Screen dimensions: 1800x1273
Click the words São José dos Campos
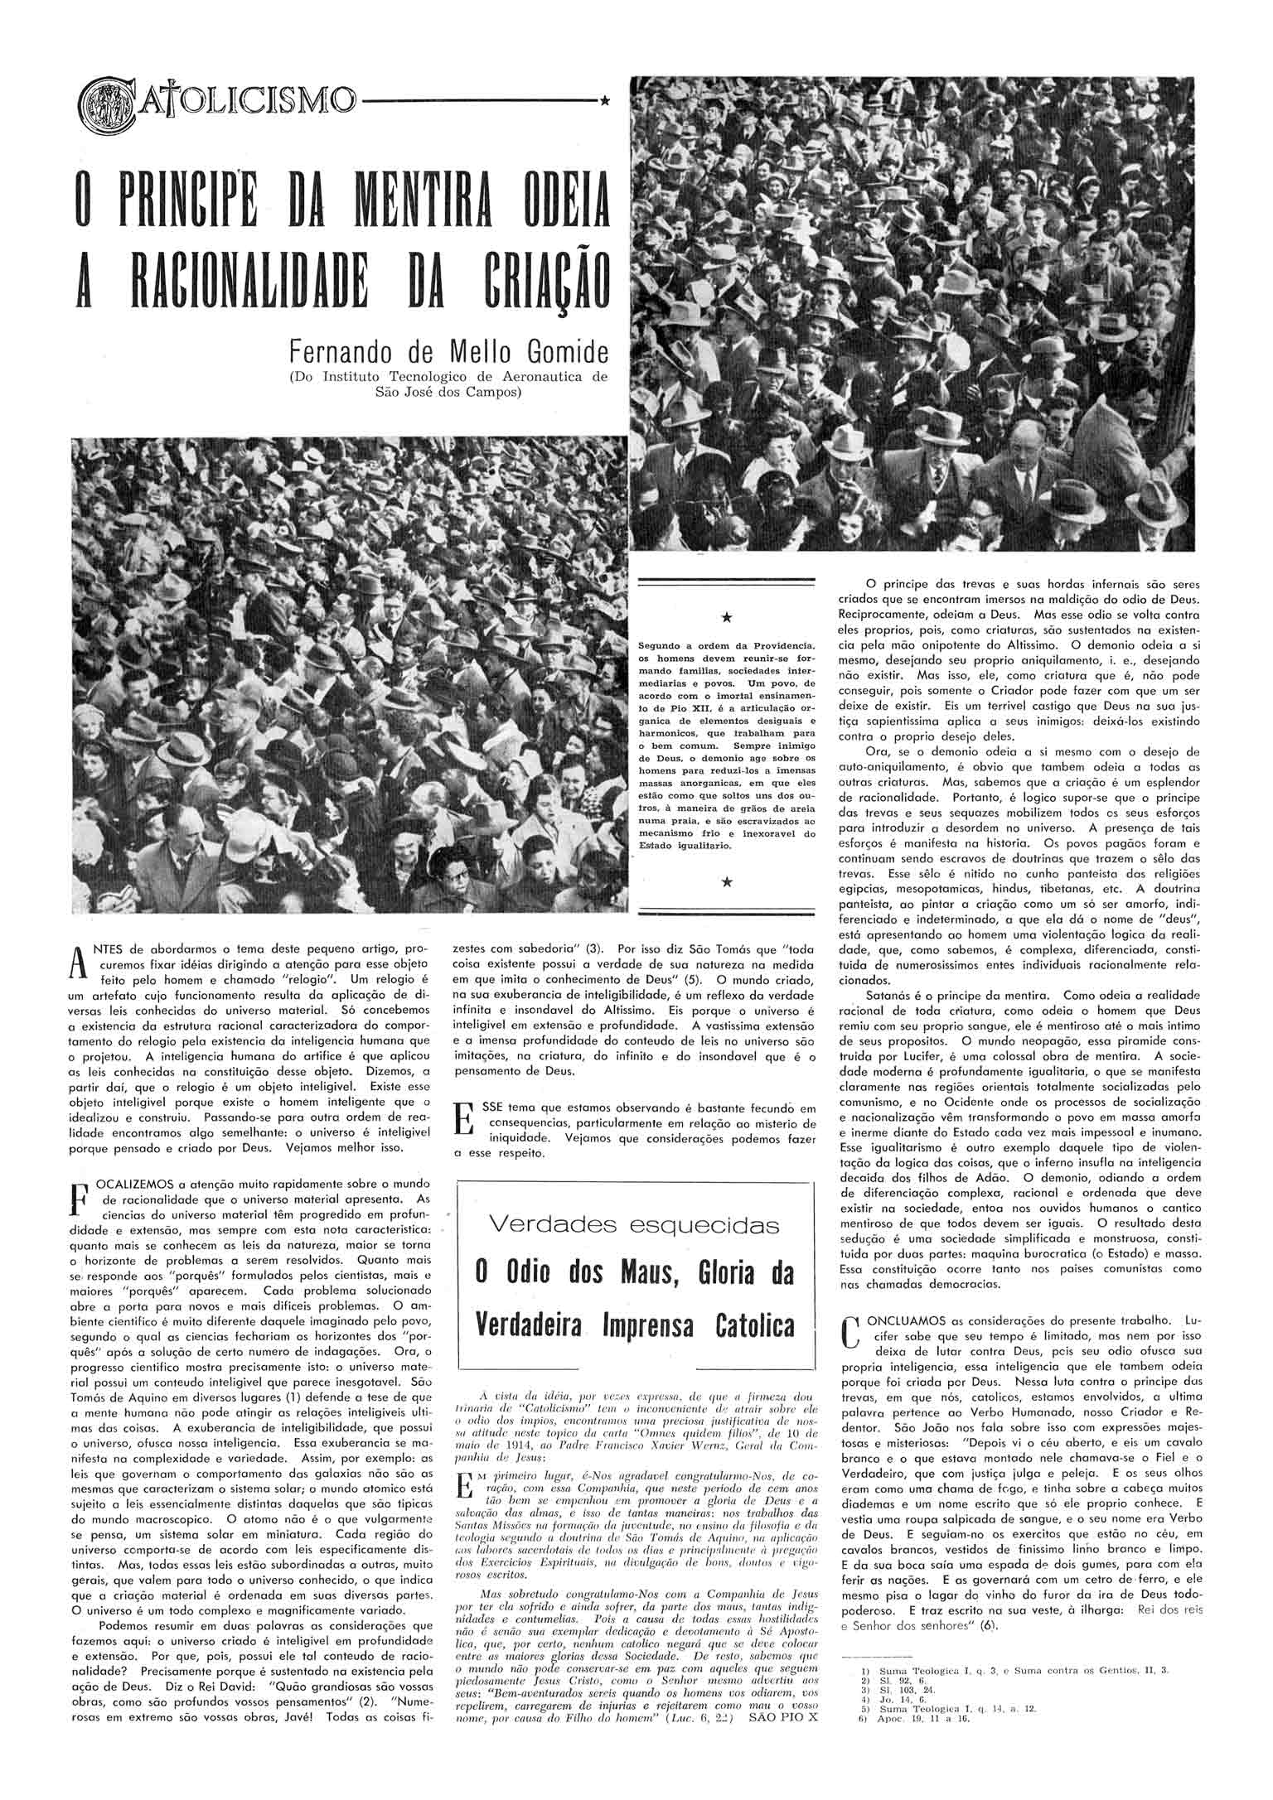coord(448,392)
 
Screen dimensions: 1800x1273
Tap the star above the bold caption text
coord(727,618)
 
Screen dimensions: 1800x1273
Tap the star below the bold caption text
coord(727,883)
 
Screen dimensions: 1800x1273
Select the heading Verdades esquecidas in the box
coord(634,1223)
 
